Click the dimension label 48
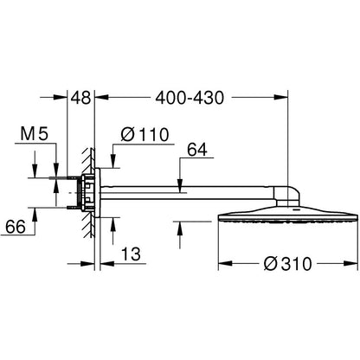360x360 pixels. pos(81,98)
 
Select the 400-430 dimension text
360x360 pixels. pos(190,98)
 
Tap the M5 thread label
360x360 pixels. pos(35,134)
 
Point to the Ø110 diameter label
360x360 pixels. pos(145,134)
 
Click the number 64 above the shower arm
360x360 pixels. pos(197,150)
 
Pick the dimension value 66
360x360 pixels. pos(16,227)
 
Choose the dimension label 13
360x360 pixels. pos(131,254)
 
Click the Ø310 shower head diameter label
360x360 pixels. pos(287,264)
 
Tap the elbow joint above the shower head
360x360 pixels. pos(289,196)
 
